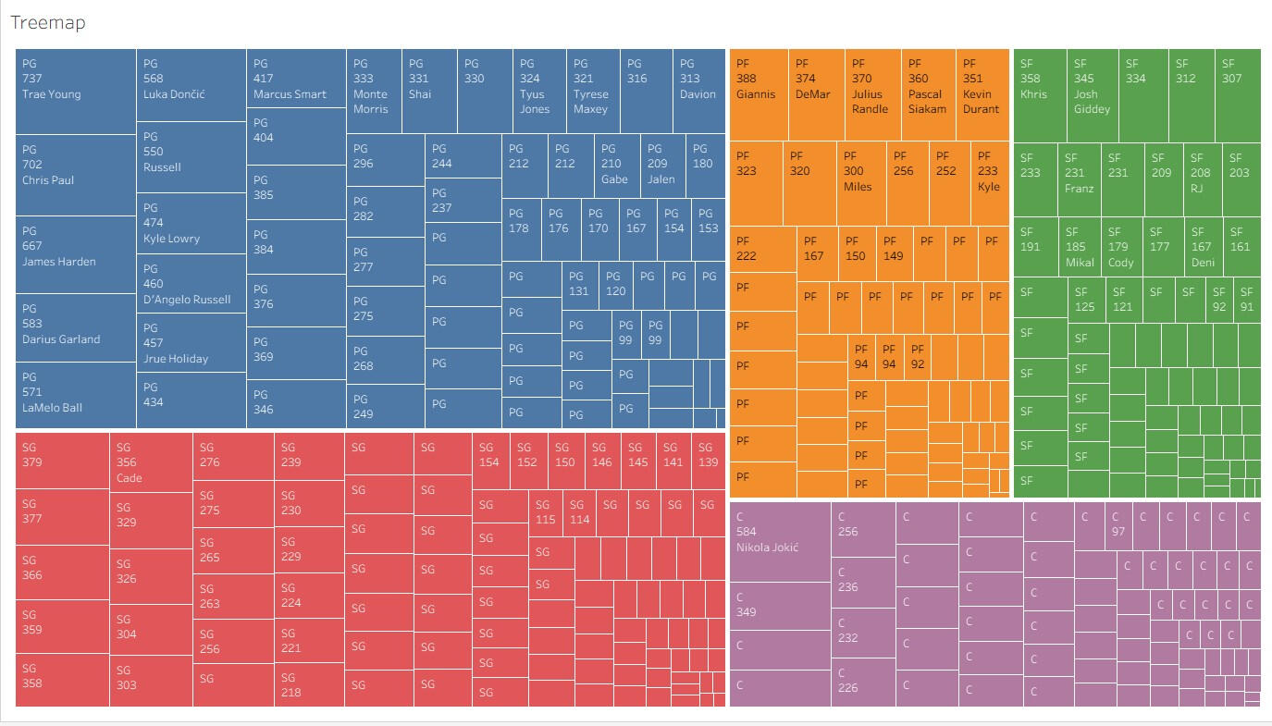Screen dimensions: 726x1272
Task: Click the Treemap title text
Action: (x=48, y=23)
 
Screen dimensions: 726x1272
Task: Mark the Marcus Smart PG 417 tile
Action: (x=295, y=79)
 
